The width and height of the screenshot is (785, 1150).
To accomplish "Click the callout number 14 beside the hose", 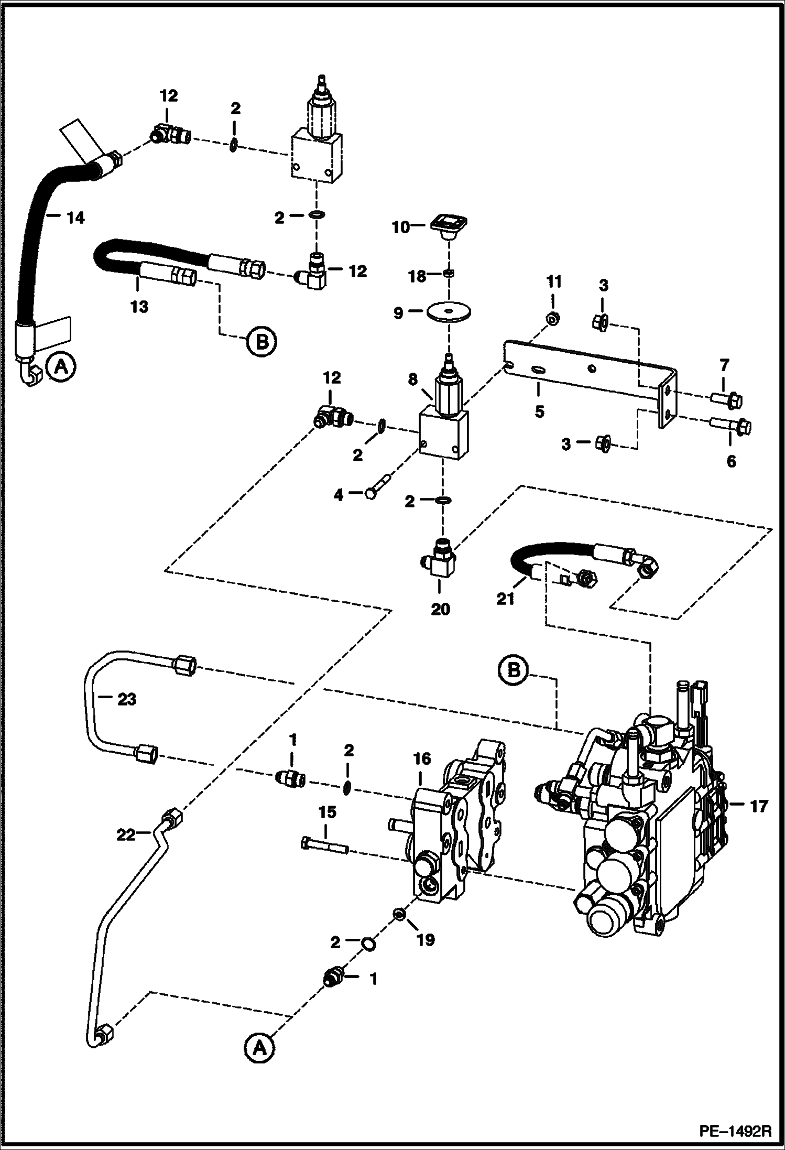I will click(x=76, y=218).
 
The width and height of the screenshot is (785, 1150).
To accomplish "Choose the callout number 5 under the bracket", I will click(x=539, y=411).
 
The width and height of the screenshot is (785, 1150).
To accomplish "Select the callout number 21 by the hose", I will click(x=505, y=599).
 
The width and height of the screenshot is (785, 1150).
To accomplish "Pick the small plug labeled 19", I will click(x=398, y=916).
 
